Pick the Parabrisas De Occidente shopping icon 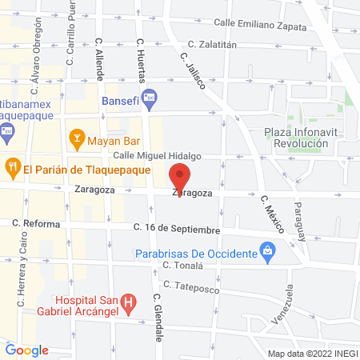tap(270, 254)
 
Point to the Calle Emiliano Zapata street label tap(260, 25)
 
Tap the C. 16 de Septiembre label tap(177, 230)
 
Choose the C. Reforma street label tap(35, 224)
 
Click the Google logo tap(27, 350)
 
